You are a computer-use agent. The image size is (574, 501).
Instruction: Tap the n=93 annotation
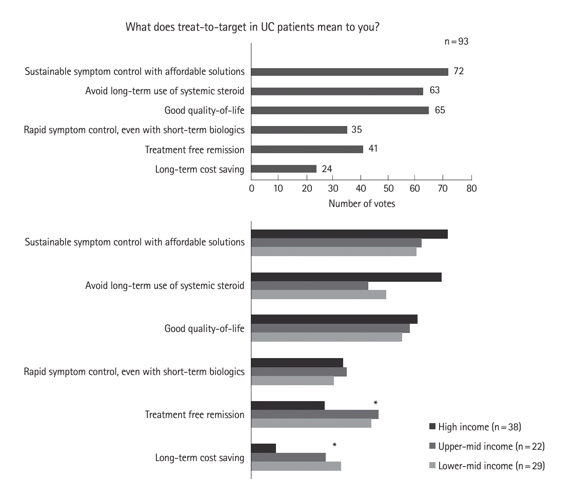(x=456, y=41)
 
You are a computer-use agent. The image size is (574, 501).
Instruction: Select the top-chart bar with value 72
(x=349, y=72)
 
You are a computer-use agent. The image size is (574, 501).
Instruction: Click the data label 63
(x=435, y=91)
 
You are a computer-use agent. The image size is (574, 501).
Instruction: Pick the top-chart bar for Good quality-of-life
(x=340, y=110)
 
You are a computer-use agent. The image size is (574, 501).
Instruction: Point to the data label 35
(x=357, y=130)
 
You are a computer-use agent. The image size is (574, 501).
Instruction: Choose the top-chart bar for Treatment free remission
(x=307, y=149)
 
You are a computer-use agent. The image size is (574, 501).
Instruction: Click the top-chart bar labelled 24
(x=284, y=169)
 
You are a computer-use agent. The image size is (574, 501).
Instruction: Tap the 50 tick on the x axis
(x=388, y=189)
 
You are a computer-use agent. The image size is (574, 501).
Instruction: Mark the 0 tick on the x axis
(x=251, y=189)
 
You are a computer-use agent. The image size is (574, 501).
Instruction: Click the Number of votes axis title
(x=362, y=204)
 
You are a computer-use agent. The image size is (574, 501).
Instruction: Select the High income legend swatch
(x=432, y=427)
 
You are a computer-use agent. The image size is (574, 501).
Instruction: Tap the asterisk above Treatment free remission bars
(x=375, y=403)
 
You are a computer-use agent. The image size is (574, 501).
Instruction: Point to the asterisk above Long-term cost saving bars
(x=334, y=446)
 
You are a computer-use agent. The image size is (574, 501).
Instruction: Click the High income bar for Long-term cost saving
(x=264, y=448)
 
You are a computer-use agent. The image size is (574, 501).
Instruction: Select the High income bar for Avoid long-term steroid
(x=346, y=277)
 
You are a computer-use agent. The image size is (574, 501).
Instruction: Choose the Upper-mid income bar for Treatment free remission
(x=315, y=414)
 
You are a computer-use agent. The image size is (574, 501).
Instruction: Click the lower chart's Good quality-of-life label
(x=204, y=328)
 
